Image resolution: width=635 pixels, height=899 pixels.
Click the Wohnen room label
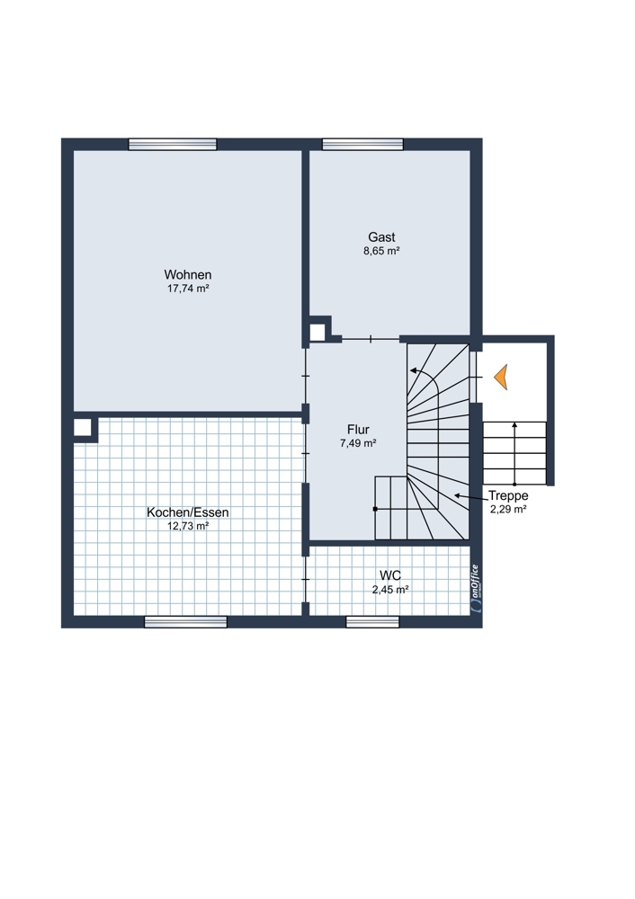[188, 275]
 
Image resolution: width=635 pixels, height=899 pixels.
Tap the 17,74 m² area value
[188, 289]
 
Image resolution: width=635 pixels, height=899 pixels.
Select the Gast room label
[381, 236]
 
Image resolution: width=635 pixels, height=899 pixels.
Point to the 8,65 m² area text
[381, 251]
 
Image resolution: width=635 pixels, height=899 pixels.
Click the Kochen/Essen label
[188, 512]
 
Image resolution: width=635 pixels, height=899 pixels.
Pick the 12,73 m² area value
[188, 526]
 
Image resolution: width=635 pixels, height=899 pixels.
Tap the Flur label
[358, 430]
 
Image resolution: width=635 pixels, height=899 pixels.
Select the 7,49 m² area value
[358, 443]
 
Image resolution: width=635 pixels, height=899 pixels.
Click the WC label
[390, 575]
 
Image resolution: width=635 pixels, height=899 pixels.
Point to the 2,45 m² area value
[390, 590]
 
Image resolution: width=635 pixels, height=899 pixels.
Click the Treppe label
[508, 496]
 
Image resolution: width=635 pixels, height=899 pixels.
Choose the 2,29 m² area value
[508, 509]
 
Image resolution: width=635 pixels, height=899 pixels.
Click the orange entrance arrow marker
[500, 378]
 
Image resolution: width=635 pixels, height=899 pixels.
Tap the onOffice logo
[475, 590]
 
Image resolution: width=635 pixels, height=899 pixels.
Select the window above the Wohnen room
[173, 145]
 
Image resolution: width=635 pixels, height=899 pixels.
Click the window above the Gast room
[362, 145]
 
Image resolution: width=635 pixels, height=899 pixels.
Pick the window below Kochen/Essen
[185, 622]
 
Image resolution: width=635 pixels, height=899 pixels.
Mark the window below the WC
[372, 622]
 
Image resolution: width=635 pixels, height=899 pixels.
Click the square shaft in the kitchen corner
[84, 428]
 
